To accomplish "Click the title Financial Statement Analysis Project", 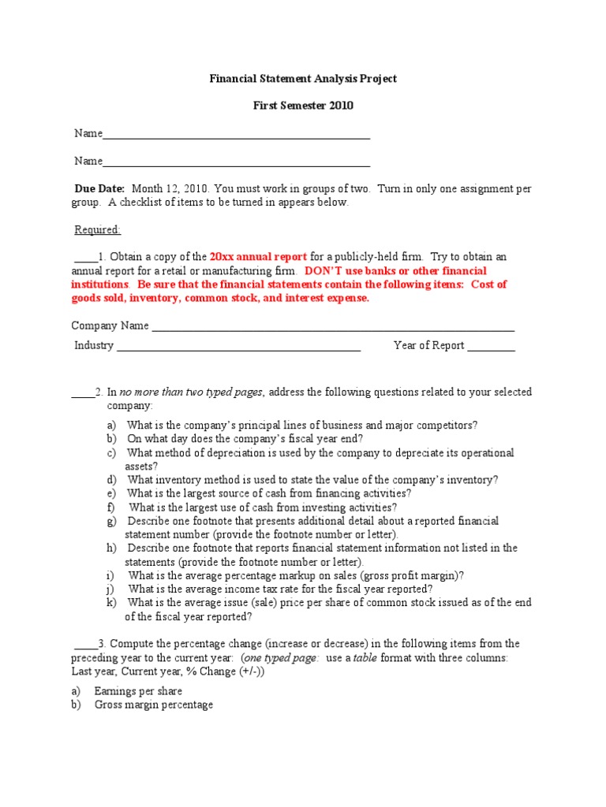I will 303,79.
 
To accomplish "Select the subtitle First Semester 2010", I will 303,106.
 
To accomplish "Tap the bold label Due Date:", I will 99,189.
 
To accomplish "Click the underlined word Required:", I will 98,230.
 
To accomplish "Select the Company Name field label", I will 110,325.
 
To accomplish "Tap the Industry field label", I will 94,346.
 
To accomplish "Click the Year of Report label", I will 428,346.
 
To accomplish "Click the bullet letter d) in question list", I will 112,480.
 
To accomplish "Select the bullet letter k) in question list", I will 112,603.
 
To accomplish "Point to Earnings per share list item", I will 138,691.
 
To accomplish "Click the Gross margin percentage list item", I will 153,705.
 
